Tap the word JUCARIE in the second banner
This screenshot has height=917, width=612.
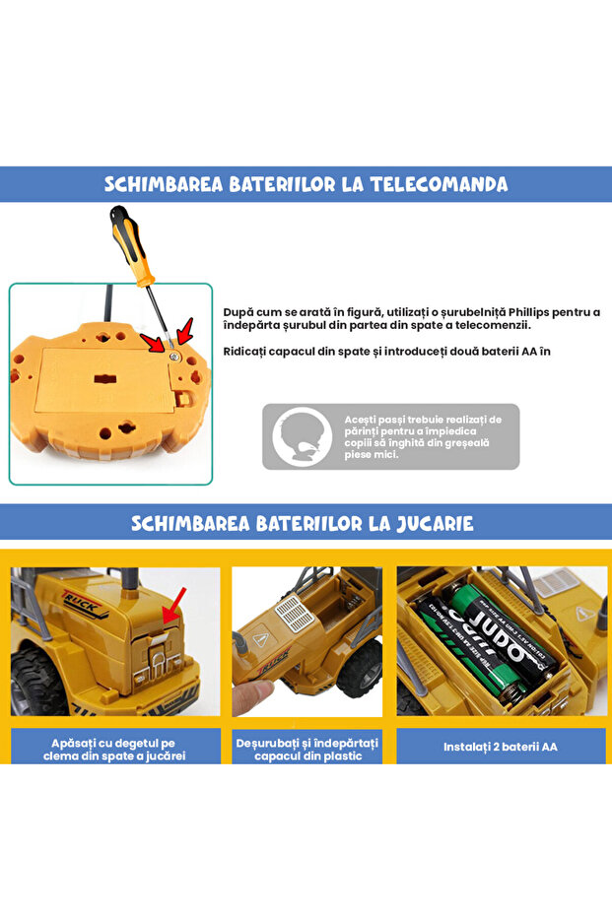pos(430,523)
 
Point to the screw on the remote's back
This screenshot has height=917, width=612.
pos(173,356)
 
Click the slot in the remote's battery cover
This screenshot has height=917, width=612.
pos(102,379)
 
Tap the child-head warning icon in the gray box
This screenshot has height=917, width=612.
pos(302,436)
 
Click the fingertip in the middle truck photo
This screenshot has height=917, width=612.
pos(254,695)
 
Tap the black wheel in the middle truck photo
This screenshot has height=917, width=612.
pos(362,669)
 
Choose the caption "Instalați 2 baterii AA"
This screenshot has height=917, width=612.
pos(501,747)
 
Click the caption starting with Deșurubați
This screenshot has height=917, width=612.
pos(306,748)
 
